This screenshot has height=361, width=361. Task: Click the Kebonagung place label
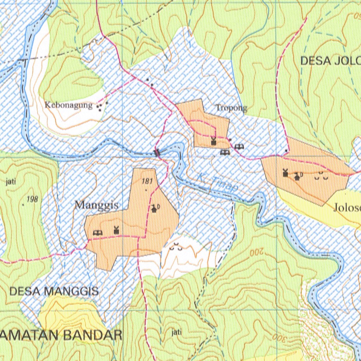[68, 105]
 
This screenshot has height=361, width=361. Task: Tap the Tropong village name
[231, 108]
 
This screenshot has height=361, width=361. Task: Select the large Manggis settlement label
[96, 205]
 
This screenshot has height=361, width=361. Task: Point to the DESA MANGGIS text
[54, 291]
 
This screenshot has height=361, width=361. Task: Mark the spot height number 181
[147, 182]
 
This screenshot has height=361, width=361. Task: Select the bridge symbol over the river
[157, 153]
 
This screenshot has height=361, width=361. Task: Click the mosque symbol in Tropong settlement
[213, 141]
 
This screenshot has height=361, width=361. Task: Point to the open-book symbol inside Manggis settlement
[97, 232]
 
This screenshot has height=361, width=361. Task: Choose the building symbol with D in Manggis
[155, 209]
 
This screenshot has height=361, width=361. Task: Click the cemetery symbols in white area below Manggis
[176, 248]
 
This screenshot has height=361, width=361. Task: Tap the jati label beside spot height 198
[11, 182]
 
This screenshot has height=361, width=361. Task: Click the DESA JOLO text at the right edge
[330, 61]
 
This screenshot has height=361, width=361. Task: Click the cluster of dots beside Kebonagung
[102, 106]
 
